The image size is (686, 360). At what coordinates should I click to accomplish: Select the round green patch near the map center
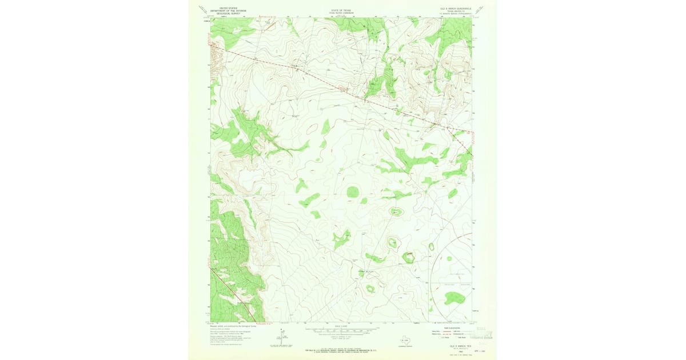(x=353, y=191)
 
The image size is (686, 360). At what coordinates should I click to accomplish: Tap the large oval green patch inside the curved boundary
(x=454, y=298)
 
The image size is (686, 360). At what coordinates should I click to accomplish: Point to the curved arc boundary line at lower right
(x=436, y=269)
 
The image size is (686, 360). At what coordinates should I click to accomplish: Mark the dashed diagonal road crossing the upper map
(x=343, y=89)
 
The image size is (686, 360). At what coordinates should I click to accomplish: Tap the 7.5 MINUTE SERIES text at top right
(x=455, y=15)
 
